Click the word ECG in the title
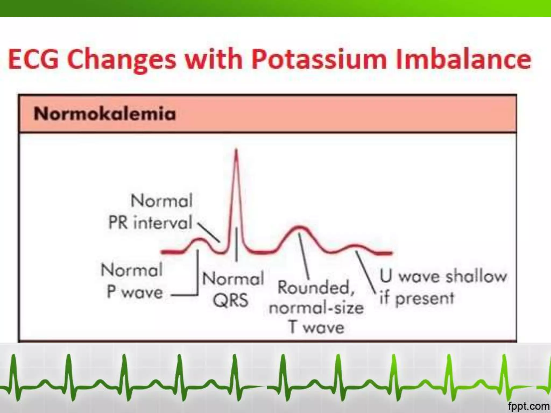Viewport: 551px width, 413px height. (33, 60)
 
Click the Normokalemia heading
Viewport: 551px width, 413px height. (105, 114)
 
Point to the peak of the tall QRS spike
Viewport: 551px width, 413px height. (236, 151)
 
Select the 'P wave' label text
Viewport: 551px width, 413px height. (135, 292)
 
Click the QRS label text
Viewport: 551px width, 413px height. (231, 300)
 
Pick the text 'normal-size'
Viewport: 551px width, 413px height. (316, 308)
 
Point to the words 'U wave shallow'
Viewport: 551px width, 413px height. (443, 276)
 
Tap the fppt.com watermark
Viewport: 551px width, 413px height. (528, 406)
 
